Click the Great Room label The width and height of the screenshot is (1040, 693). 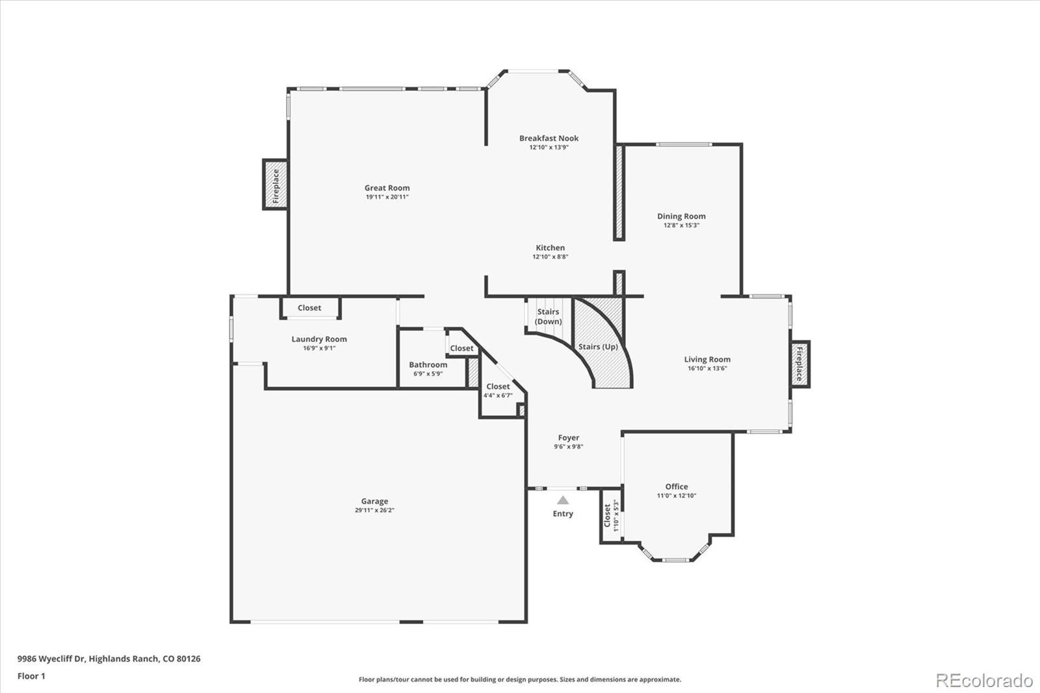pyautogui.click(x=387, y=188)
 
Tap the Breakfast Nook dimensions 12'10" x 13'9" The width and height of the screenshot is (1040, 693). pyautogui.click(x=549, y=148)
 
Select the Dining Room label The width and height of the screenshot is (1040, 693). pyautogui.click(x=681, y=216)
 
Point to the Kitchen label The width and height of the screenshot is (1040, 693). pyautogui.click(x=550, y=248)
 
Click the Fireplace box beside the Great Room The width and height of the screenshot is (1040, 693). pyautogui.click(x=275, y=185)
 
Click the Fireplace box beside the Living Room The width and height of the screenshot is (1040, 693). pyautogui.click(x=799, y=364)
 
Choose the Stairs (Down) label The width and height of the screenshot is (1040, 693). pyautogui.click(x=548, y=317)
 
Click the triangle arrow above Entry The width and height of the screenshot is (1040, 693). pyautogui.click(x=563, y=500)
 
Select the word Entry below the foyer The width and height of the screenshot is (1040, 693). pyautogui.click(x=563, y=514)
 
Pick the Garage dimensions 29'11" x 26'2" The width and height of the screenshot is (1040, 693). pyautogui.click(x=374, y=510)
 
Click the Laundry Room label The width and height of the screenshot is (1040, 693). pyautogui.click(x=318, y=339)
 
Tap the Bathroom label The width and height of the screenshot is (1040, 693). pyautogui.click(x=428, y=365)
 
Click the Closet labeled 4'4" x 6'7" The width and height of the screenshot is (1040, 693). pyautogui.click(x=498, y=391)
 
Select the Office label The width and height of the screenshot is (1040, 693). pyautogui.click(x=676, y=486)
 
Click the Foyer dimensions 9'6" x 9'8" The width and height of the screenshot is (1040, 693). pyautogui.click(x=568, y=447)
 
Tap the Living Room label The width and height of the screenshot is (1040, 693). pyautogui.click(x=707, y=360)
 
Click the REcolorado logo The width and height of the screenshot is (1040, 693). pyautogui.click(x=983, y=681)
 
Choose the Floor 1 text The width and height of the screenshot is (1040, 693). pyautogui.click(x=31, y=676)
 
